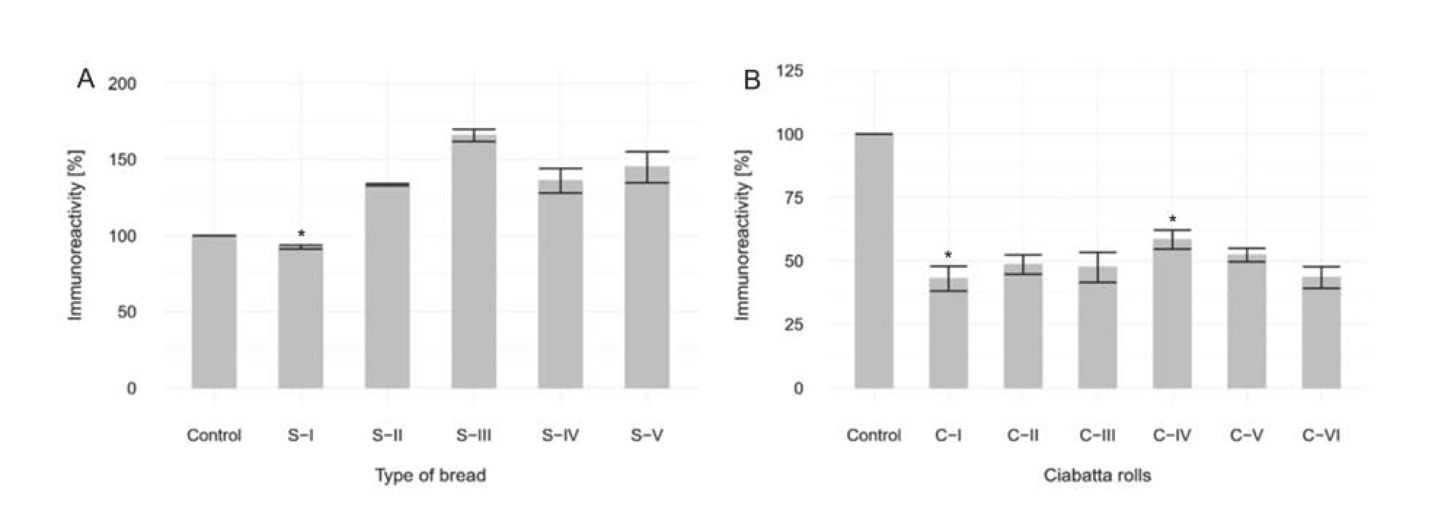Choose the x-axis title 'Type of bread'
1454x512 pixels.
(x=431, y=475)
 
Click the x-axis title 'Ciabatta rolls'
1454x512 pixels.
(x=1097, y=475)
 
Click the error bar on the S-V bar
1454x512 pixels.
(x=647, y=167)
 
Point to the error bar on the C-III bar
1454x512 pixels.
(x=1097, y=267)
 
